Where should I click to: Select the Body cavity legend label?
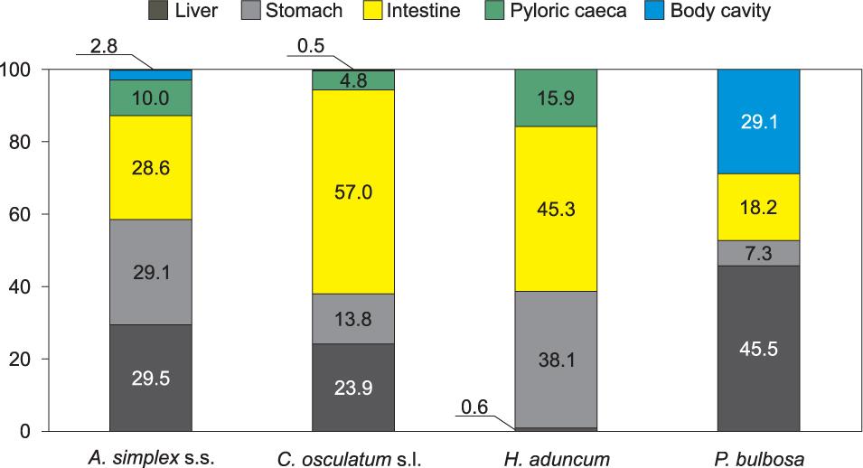pos(720,12)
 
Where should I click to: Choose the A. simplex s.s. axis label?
pos(151,459)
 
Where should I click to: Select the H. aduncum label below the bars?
pos(555,459)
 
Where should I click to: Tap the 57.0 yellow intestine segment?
pos(353,192)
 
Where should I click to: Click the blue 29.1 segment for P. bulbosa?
pos(758,121)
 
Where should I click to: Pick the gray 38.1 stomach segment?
pos(556,360)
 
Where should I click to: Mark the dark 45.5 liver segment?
pos(758,348)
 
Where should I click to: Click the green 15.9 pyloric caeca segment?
pos(556,98)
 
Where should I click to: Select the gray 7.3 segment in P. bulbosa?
pos(758,253)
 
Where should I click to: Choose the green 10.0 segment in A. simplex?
pos(150,98)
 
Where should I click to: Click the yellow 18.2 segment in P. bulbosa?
pos(758,207)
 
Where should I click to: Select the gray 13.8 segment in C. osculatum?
pos(353,319)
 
